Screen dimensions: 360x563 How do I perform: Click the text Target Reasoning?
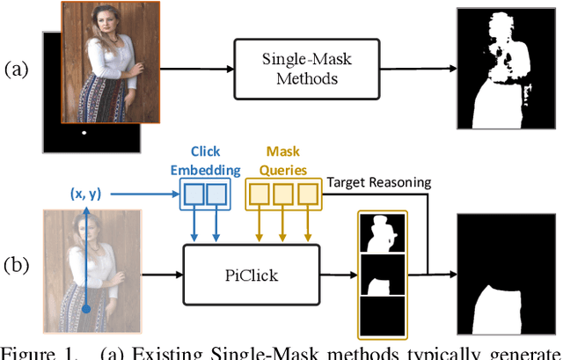click(379, 182)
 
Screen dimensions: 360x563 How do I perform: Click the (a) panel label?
click(18, 68)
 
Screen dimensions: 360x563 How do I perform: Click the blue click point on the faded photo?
click(86, 308)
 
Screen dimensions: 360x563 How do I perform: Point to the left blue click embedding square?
click(194, 195)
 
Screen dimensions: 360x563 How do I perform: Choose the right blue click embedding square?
click(216, 195)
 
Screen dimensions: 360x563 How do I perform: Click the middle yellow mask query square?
click(282, 195)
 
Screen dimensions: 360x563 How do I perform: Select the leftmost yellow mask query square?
click(260, 195)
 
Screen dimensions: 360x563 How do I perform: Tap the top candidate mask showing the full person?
click(382, 232)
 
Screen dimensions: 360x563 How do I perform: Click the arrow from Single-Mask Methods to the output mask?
click(405, 68)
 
